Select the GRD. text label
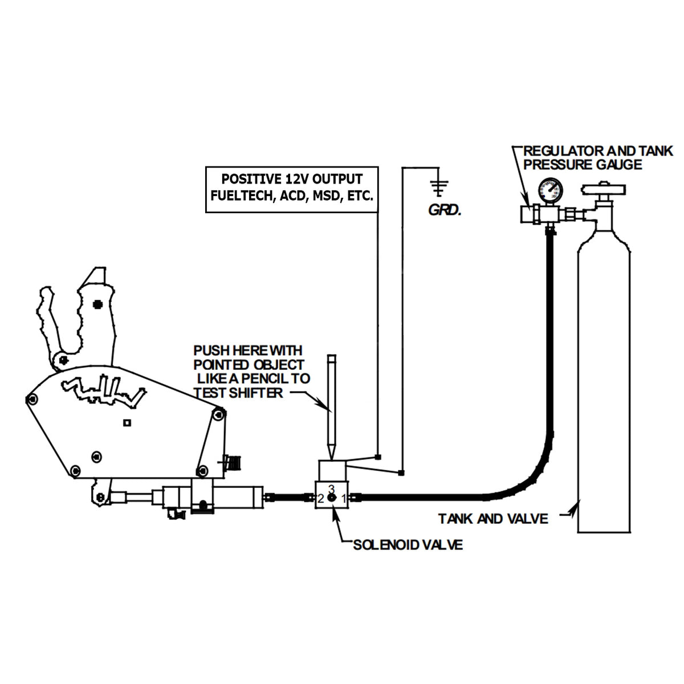[444, 211]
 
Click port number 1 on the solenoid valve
[344, 499]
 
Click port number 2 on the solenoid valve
[321, 499]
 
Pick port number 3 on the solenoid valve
[331, 488]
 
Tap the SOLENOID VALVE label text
[408, 545]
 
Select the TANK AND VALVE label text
[493, 519]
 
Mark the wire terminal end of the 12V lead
[378, 457]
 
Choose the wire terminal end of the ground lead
[402, 473]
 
